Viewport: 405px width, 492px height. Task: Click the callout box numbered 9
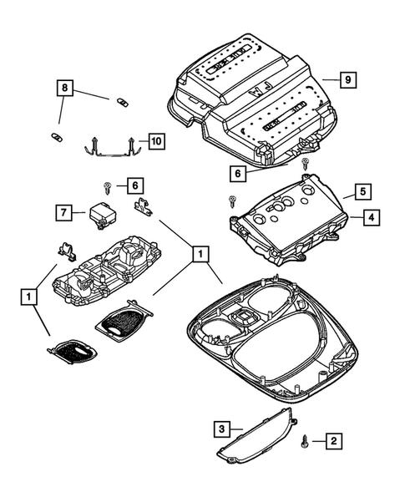coord(350,79)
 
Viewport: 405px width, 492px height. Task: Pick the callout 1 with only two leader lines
coord(30,296)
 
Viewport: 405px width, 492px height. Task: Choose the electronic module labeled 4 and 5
coord(288,216)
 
